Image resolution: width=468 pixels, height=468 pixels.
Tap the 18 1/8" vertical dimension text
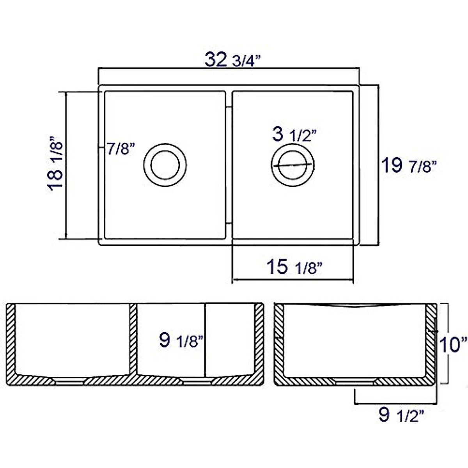(55, 164)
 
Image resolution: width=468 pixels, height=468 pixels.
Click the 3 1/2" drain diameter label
(294, 135)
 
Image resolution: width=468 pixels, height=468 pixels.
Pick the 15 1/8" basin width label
(294, 267)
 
